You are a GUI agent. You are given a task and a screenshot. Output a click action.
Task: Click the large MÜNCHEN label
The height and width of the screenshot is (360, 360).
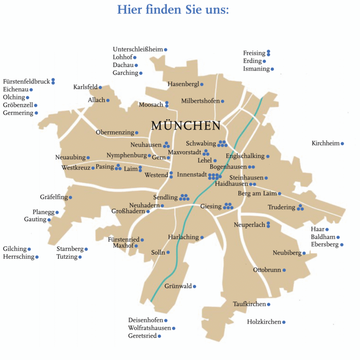coord(186,126)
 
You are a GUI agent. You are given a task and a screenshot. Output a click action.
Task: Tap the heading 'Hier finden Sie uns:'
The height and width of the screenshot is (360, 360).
coord(173,9)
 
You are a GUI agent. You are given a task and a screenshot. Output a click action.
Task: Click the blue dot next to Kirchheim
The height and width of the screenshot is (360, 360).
coord(342,144)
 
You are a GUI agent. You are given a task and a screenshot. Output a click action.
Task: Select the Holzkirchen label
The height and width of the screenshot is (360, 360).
coord(264,322)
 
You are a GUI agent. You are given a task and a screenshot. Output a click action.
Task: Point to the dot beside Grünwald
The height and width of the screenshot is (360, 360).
coord(194,286)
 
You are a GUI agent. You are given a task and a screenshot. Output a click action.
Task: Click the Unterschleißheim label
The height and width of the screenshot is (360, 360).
coord(138,49)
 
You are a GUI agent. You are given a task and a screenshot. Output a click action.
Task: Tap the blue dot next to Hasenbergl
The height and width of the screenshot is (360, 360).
coord(202,84)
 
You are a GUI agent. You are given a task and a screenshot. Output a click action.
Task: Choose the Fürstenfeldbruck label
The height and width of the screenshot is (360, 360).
coord(26,81)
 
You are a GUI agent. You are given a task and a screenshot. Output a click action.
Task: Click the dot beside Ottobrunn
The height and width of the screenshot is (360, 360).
coord(284,270)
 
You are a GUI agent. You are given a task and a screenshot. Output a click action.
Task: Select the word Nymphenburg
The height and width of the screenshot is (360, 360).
coord(127,155)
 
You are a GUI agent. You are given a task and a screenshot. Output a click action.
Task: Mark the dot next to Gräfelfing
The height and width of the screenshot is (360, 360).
coord(70,197)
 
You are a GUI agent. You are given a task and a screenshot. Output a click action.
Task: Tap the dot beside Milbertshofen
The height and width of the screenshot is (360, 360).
coord(223,101)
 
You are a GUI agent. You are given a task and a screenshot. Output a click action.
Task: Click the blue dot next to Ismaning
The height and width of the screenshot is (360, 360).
coord(272,69)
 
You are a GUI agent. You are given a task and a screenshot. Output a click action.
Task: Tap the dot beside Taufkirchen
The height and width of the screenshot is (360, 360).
coord(269,305)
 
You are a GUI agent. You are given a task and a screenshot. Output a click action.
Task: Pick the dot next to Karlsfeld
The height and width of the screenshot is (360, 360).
coord(100,87)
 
